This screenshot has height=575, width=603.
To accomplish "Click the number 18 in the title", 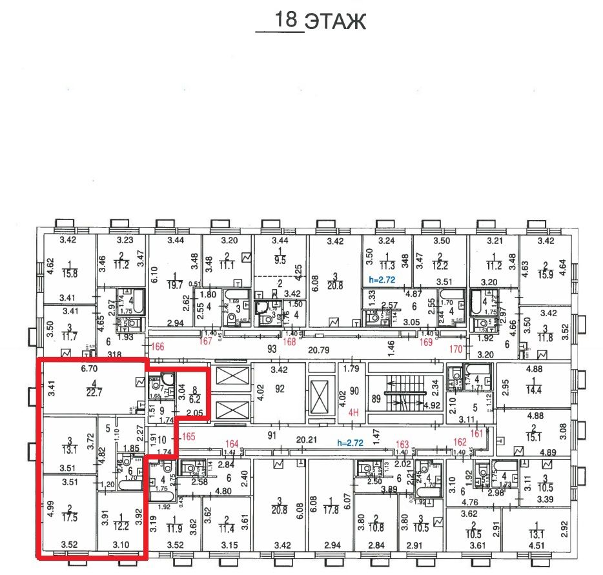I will pos(287,19).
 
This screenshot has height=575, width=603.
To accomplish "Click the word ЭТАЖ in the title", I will pos(334,21).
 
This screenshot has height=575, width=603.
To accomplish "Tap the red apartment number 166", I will pos(158,347).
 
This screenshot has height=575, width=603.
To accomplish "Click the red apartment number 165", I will pos(189,437).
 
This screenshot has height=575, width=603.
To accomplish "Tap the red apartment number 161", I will pos(477,433).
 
